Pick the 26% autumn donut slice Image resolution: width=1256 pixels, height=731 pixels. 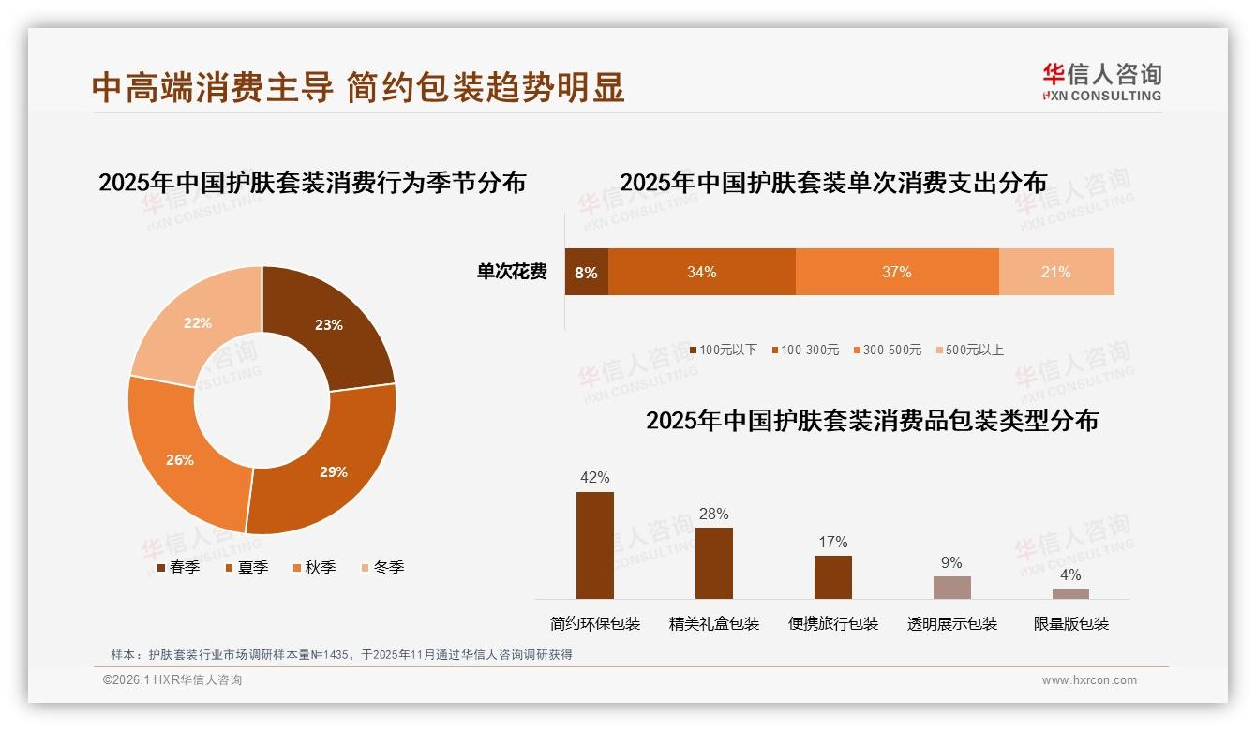183,459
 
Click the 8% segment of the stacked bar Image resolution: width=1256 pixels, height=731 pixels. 586,272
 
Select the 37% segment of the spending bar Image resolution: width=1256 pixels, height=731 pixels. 897,272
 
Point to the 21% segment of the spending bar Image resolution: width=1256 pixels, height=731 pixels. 1056,272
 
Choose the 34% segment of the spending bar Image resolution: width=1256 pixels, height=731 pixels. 702,272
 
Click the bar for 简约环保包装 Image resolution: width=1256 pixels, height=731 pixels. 594,545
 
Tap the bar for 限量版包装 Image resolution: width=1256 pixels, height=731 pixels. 1070,594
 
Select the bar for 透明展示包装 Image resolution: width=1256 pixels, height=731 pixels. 951,588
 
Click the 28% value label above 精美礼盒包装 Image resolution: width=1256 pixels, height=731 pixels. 713,514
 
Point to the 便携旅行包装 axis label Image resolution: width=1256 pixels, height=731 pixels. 833,624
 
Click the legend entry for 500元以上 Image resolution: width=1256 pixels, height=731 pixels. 969,350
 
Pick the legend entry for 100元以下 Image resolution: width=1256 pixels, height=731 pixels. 723,350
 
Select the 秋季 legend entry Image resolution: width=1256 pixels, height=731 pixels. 314,567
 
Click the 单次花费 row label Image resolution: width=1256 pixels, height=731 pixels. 512,273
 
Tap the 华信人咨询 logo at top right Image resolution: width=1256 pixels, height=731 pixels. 1101,82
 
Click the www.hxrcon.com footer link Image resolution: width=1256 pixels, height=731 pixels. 1089,680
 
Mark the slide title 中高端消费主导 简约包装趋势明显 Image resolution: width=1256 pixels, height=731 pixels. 358,87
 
